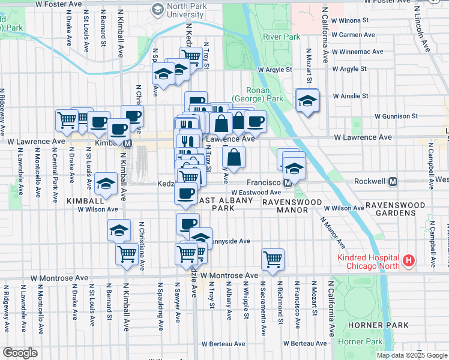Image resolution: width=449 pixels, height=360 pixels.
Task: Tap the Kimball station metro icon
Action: coord(128,143)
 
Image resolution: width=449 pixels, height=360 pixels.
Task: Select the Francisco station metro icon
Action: coord(288,182)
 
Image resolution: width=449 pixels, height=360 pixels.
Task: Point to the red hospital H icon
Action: coord(408,260)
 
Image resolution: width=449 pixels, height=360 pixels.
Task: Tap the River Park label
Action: coord(281,37)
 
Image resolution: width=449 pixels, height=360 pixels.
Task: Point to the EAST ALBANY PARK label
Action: coord(218,204)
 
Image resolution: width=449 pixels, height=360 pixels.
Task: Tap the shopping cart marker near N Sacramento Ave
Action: coord(273,259)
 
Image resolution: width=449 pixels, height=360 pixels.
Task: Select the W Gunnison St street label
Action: coord(396,116)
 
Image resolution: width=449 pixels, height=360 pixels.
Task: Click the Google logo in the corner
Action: coord(20,352)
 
